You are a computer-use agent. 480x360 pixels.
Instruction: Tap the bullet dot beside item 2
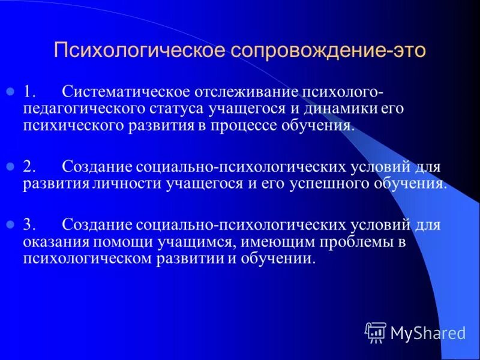point(10,165)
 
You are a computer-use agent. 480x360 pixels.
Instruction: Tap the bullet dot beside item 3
point(10,225)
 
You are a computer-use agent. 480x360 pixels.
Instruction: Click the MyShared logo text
point(427,332)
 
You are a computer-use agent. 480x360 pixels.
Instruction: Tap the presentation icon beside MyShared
point(375,332)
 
